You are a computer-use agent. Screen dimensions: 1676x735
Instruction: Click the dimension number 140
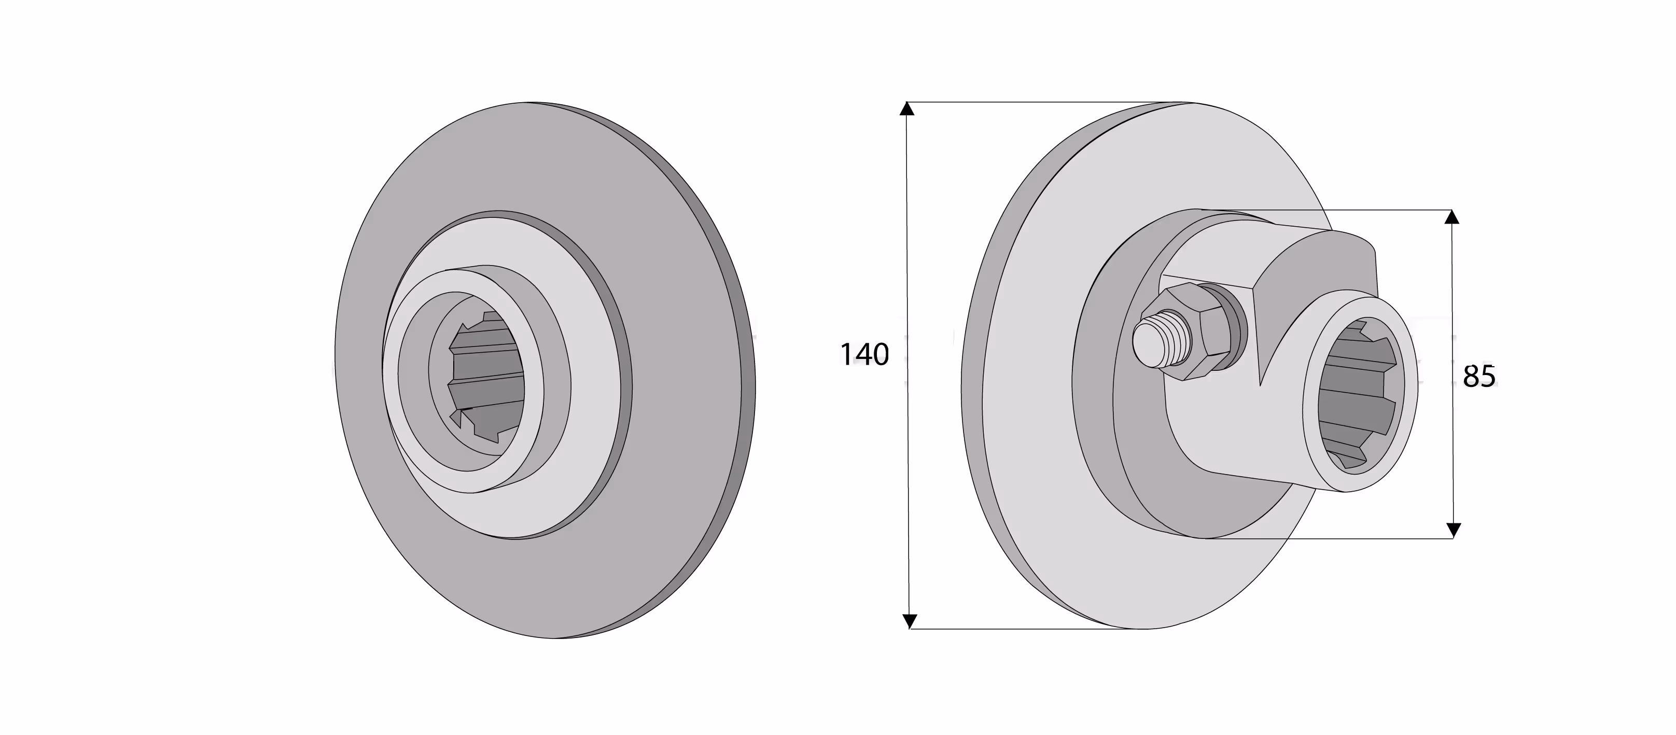pos(864,355)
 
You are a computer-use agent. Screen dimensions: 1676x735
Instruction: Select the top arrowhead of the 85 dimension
pos(1451,217)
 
